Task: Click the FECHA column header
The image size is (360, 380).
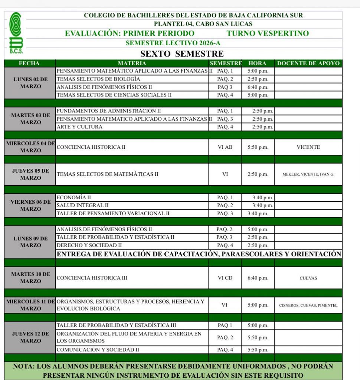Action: click(29, 63)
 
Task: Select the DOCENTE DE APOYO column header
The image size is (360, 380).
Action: click(308, 63)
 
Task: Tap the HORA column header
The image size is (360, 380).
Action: click(258, 63)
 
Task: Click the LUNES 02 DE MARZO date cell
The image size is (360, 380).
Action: click(30, 83)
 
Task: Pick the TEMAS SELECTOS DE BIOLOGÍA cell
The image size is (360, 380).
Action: click(98, 79)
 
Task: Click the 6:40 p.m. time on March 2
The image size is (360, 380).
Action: click(258, 87)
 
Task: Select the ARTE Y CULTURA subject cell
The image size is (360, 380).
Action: click(79, 127)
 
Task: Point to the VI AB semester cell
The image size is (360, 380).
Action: click(225, 147)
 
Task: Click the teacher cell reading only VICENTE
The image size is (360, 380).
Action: click(308, 147)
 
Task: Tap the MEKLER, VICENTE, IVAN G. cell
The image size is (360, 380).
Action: click(308, 174)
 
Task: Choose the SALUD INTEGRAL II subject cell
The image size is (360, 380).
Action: click(83, 205)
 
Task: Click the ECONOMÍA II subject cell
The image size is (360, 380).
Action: click(73, 197)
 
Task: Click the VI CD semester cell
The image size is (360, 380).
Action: click(225, 278)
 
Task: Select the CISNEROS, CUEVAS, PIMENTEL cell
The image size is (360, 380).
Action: click(308, 305)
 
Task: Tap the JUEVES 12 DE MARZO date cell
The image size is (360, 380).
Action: click(30, 337)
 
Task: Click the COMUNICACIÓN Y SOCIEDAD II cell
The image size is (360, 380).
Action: click(98, 350)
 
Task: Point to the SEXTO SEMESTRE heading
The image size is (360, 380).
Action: click(182, 54)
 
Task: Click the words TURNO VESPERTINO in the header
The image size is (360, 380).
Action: click(268, 33)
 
